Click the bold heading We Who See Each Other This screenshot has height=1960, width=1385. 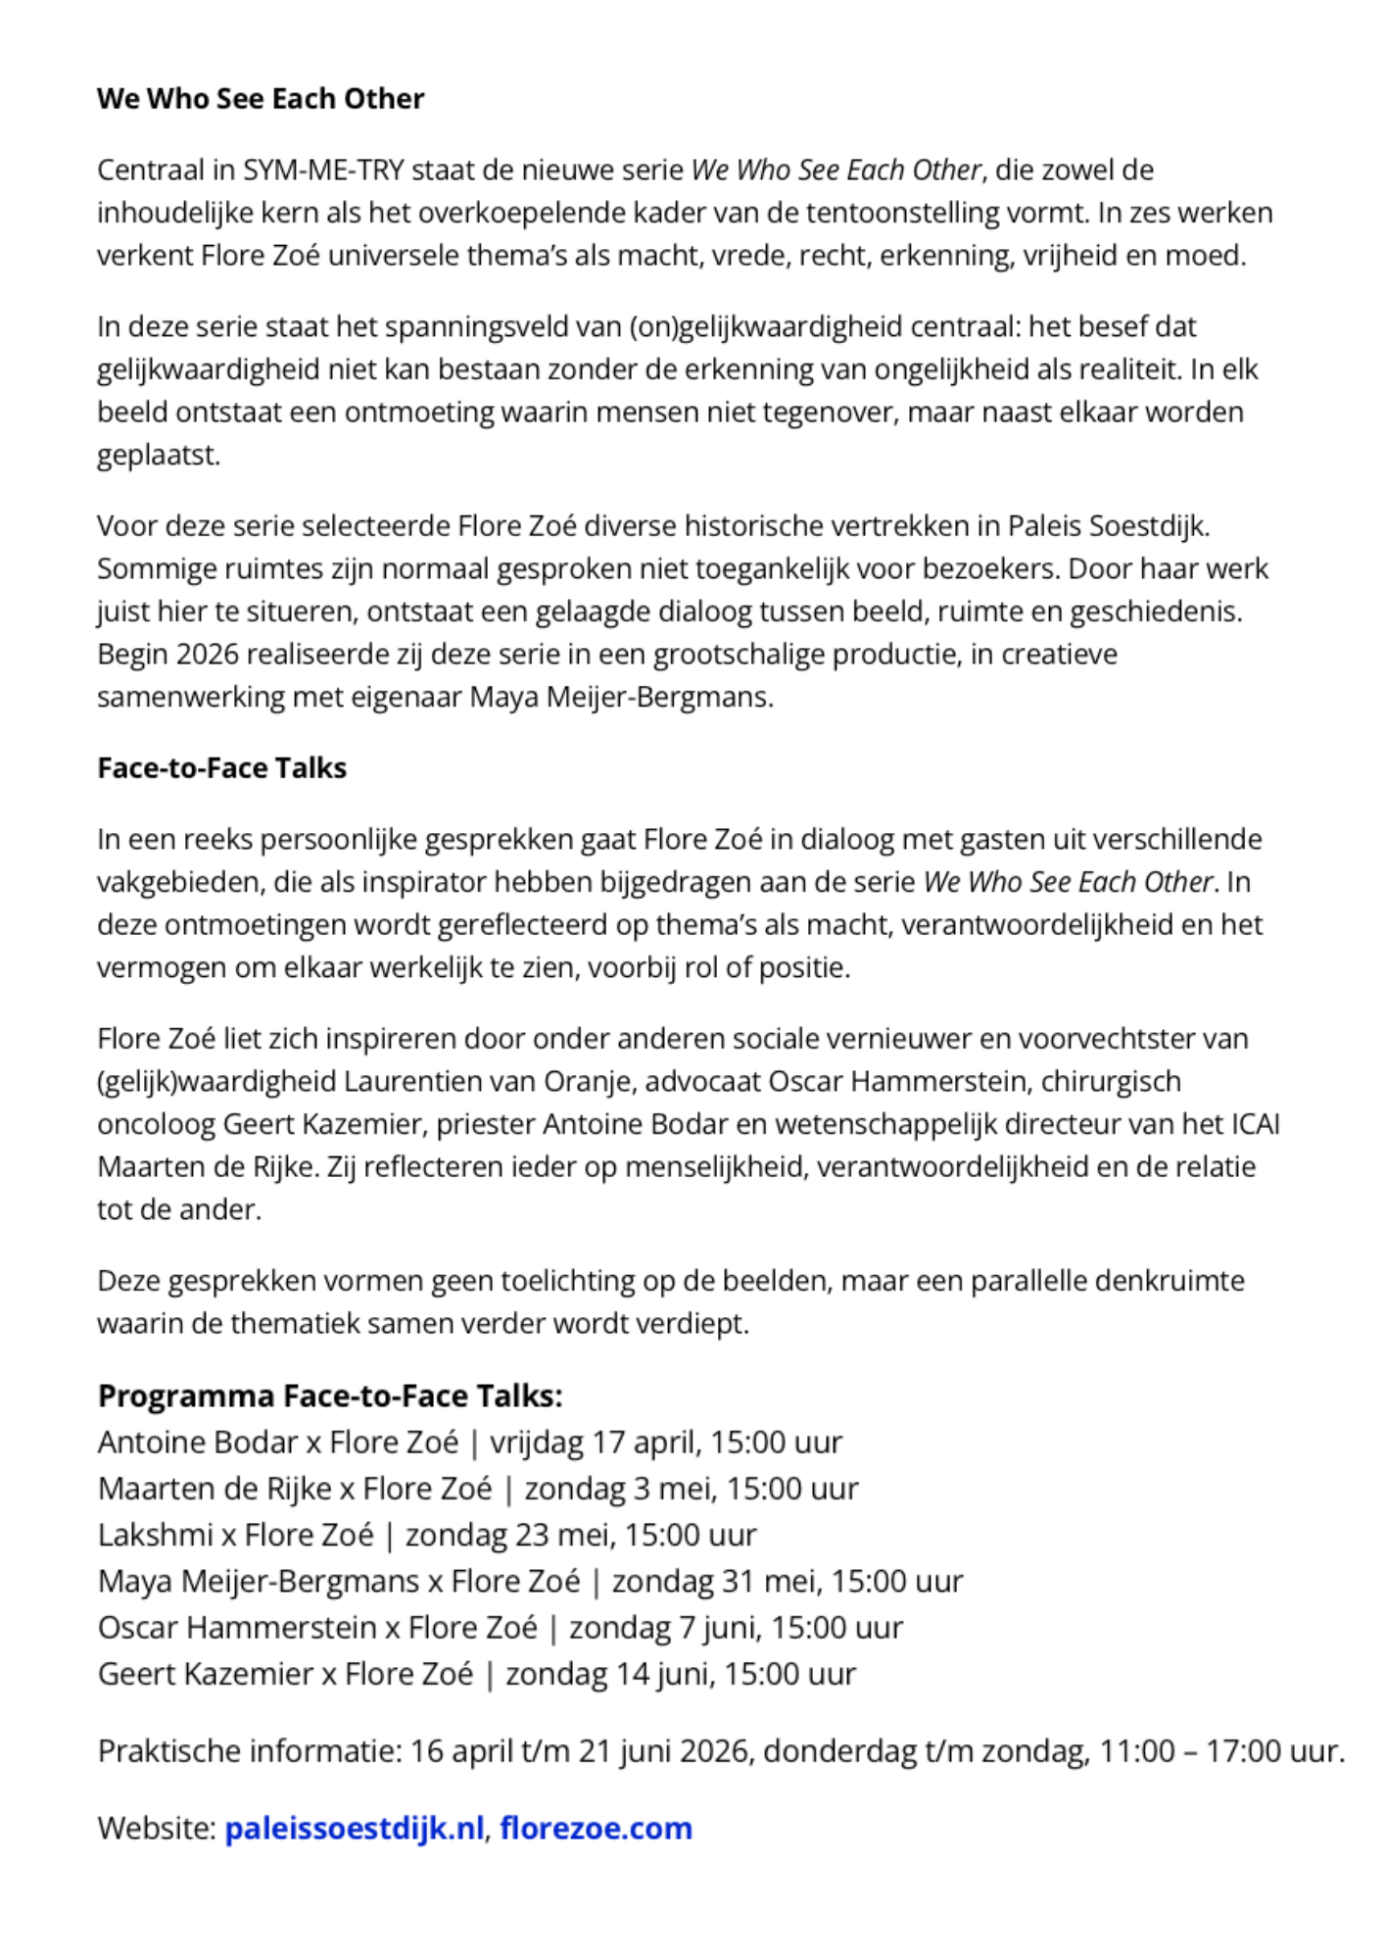pyautogui.click(x=261, y=99)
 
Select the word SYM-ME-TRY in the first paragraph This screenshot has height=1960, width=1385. pyautogui.click(x=323, y=171)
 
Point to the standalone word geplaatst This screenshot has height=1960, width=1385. pyautogui.click(x=159, y=455)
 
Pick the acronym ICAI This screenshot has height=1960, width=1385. pyautogui.click(x=1253, y=1124)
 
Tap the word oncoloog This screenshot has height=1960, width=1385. pyautogui.click(x=156, y=1124)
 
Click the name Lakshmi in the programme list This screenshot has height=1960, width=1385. pyautogui.click(x=156, y=1535)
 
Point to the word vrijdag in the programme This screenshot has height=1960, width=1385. pyautogui.click(x=537, y=1443)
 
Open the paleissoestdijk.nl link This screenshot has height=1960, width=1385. pyautogui.click(x=355, y=1829)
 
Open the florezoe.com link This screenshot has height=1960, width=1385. pyautogui.click(x=597, y=1829)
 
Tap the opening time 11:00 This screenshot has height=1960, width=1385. pyautogui.click(x=1137, y=1751)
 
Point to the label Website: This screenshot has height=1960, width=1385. pyautogui.click(x=157, y=1829)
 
